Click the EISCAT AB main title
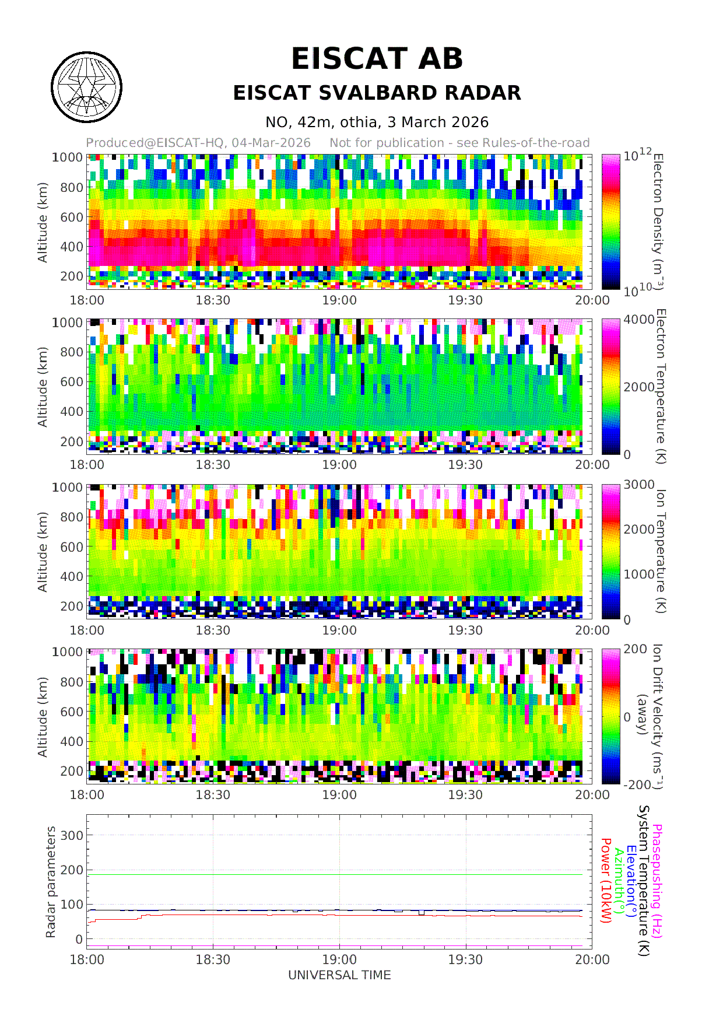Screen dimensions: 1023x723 pyautogui.click(x=377, y=59)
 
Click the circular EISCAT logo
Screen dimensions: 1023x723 pyautogui.click(x=87, y=87)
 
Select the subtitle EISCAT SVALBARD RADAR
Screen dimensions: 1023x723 pyautogui.click(x=377, y=93)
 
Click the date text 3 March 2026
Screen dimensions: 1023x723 pyautogui.click(x=437, y=122)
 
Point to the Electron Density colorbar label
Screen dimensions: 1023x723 pyautogui.click(x=658, y=222)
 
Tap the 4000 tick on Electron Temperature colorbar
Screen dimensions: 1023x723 pyautogui.click(x=639, y=320)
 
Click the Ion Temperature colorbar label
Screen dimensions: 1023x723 pyautogui.click(x=659, y=551)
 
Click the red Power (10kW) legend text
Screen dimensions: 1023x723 pyautogui.click(x=606, y=881)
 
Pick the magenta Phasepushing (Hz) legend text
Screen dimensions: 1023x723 pyautogui.click(x=657, y=881)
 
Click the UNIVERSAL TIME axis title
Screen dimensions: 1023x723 pyautogui.click(x=339, y=975)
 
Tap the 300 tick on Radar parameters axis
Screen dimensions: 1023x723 pyautogui.click(x=72, y=835)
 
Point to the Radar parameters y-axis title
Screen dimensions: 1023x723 pyautogui.click(x=51, y=881)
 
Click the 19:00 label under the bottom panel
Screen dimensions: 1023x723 pyautogui.click(x=339, y=959)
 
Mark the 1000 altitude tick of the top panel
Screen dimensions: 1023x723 pyautogui.click(x=68, y=157)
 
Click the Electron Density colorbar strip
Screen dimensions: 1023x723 pyautogui.click(x=610, y=222)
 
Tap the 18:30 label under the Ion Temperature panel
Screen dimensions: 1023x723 pyautogui.click(x=213, y=630)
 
